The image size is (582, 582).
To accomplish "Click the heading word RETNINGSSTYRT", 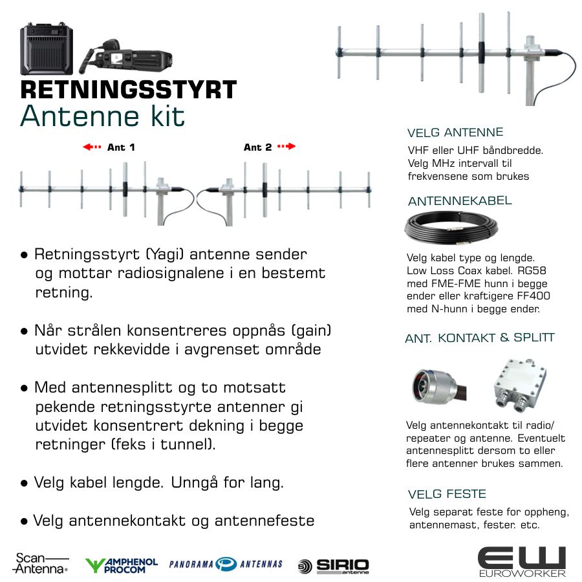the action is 129,89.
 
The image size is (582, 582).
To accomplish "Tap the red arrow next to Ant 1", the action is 92,147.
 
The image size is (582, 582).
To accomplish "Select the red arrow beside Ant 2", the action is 286,146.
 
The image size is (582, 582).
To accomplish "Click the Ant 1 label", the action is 121,147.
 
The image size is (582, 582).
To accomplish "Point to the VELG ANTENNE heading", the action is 455,133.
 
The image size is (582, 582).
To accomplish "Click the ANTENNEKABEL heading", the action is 460,201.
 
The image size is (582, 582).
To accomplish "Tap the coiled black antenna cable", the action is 451,226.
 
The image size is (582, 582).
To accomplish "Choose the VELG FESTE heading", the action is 447,494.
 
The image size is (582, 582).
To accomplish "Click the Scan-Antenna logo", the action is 41,563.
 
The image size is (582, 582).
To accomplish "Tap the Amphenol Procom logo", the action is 122,566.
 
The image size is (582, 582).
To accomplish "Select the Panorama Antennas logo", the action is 226,564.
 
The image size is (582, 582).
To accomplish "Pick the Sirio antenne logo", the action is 333,566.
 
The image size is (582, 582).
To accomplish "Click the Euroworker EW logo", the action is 522,562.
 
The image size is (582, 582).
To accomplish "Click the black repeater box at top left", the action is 47,48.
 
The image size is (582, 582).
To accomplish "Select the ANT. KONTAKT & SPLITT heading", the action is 480,338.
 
